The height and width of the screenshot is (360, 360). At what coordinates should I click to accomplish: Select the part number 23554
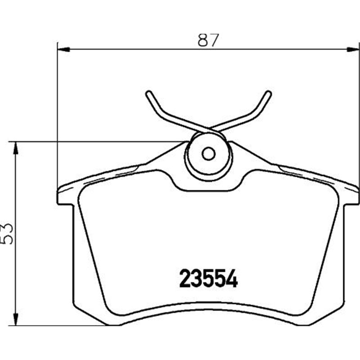click(x=208, y=279)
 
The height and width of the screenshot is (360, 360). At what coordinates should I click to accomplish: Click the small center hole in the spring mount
click(x=208, y=154)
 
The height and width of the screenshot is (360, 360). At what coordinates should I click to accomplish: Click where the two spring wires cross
click(x=208, y=128)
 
